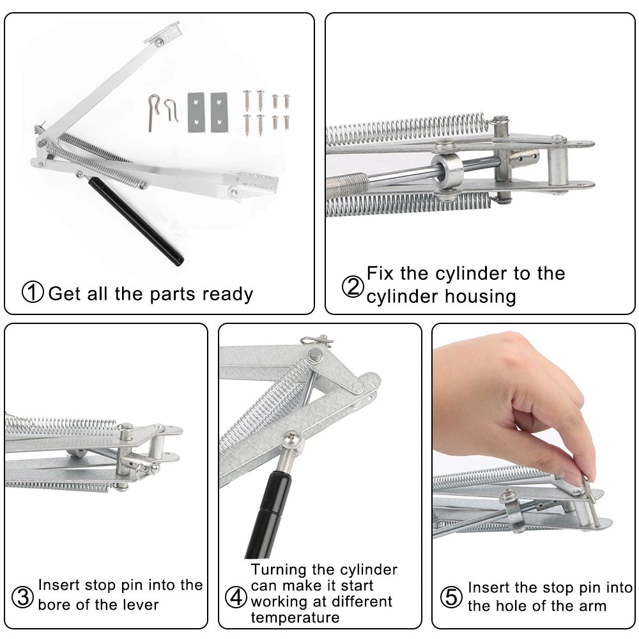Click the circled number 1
tap(33, 292)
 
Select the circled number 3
tap(22, 597)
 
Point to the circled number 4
tap(236, 597)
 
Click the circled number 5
tap(452, 597)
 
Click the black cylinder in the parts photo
tap(135, 221)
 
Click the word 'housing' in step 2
tap(481, 296)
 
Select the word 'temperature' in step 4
tap(295, 617)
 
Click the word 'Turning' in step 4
tap(279, 570)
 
